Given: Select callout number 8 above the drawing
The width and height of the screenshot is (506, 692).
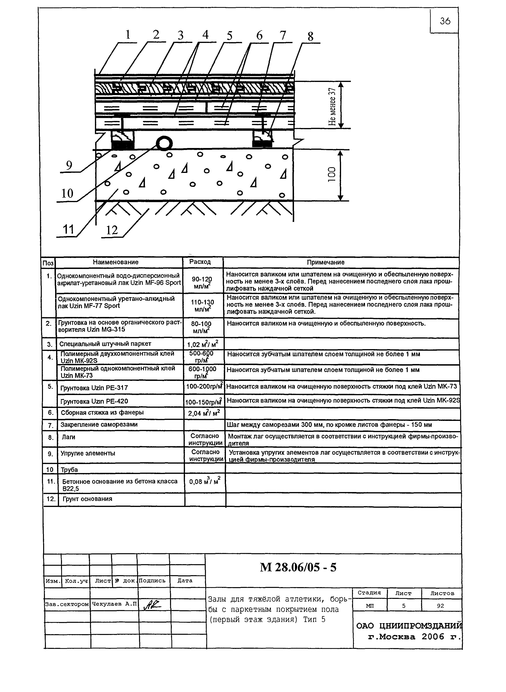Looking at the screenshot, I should pyautogui.click(x=310, y=37).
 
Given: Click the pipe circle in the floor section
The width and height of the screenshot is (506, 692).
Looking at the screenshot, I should pyautogui.click(x=164, y=143).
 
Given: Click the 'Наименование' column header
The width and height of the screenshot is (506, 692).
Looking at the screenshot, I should pyautogui.click(x=116, y=262).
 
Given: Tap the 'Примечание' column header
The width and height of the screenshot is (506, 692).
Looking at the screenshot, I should pyautogui.click(x=326, y=262).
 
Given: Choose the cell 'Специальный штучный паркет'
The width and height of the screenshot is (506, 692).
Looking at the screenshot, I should pyautogui.click(x=105, y=344).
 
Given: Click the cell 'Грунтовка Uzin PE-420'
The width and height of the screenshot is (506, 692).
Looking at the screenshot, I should pyautogui.click(x=94, y=401).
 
